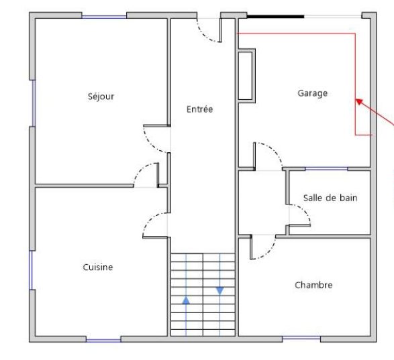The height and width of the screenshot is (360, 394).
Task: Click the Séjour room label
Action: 101,97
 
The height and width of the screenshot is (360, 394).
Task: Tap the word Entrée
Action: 200,109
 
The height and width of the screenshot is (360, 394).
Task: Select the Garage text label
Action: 313,93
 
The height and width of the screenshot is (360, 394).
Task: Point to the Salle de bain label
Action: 330,198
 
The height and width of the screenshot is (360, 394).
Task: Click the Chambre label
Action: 313,285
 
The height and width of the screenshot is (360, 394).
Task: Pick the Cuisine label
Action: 98,267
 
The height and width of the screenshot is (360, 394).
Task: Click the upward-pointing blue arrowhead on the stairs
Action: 186,300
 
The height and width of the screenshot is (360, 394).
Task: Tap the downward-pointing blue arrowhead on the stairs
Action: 220,291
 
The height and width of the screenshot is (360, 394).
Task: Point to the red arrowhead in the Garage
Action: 359,101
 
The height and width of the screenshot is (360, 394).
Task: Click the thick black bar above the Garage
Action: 276,17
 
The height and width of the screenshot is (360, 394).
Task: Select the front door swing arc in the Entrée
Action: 207,34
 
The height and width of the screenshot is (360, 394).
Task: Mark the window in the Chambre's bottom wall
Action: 301,339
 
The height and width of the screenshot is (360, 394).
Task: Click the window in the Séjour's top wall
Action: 104,17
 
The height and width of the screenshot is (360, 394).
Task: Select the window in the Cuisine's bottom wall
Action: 103,341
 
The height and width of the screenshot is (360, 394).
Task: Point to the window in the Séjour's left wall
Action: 33,103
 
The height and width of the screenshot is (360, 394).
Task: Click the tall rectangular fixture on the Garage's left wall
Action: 246,76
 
